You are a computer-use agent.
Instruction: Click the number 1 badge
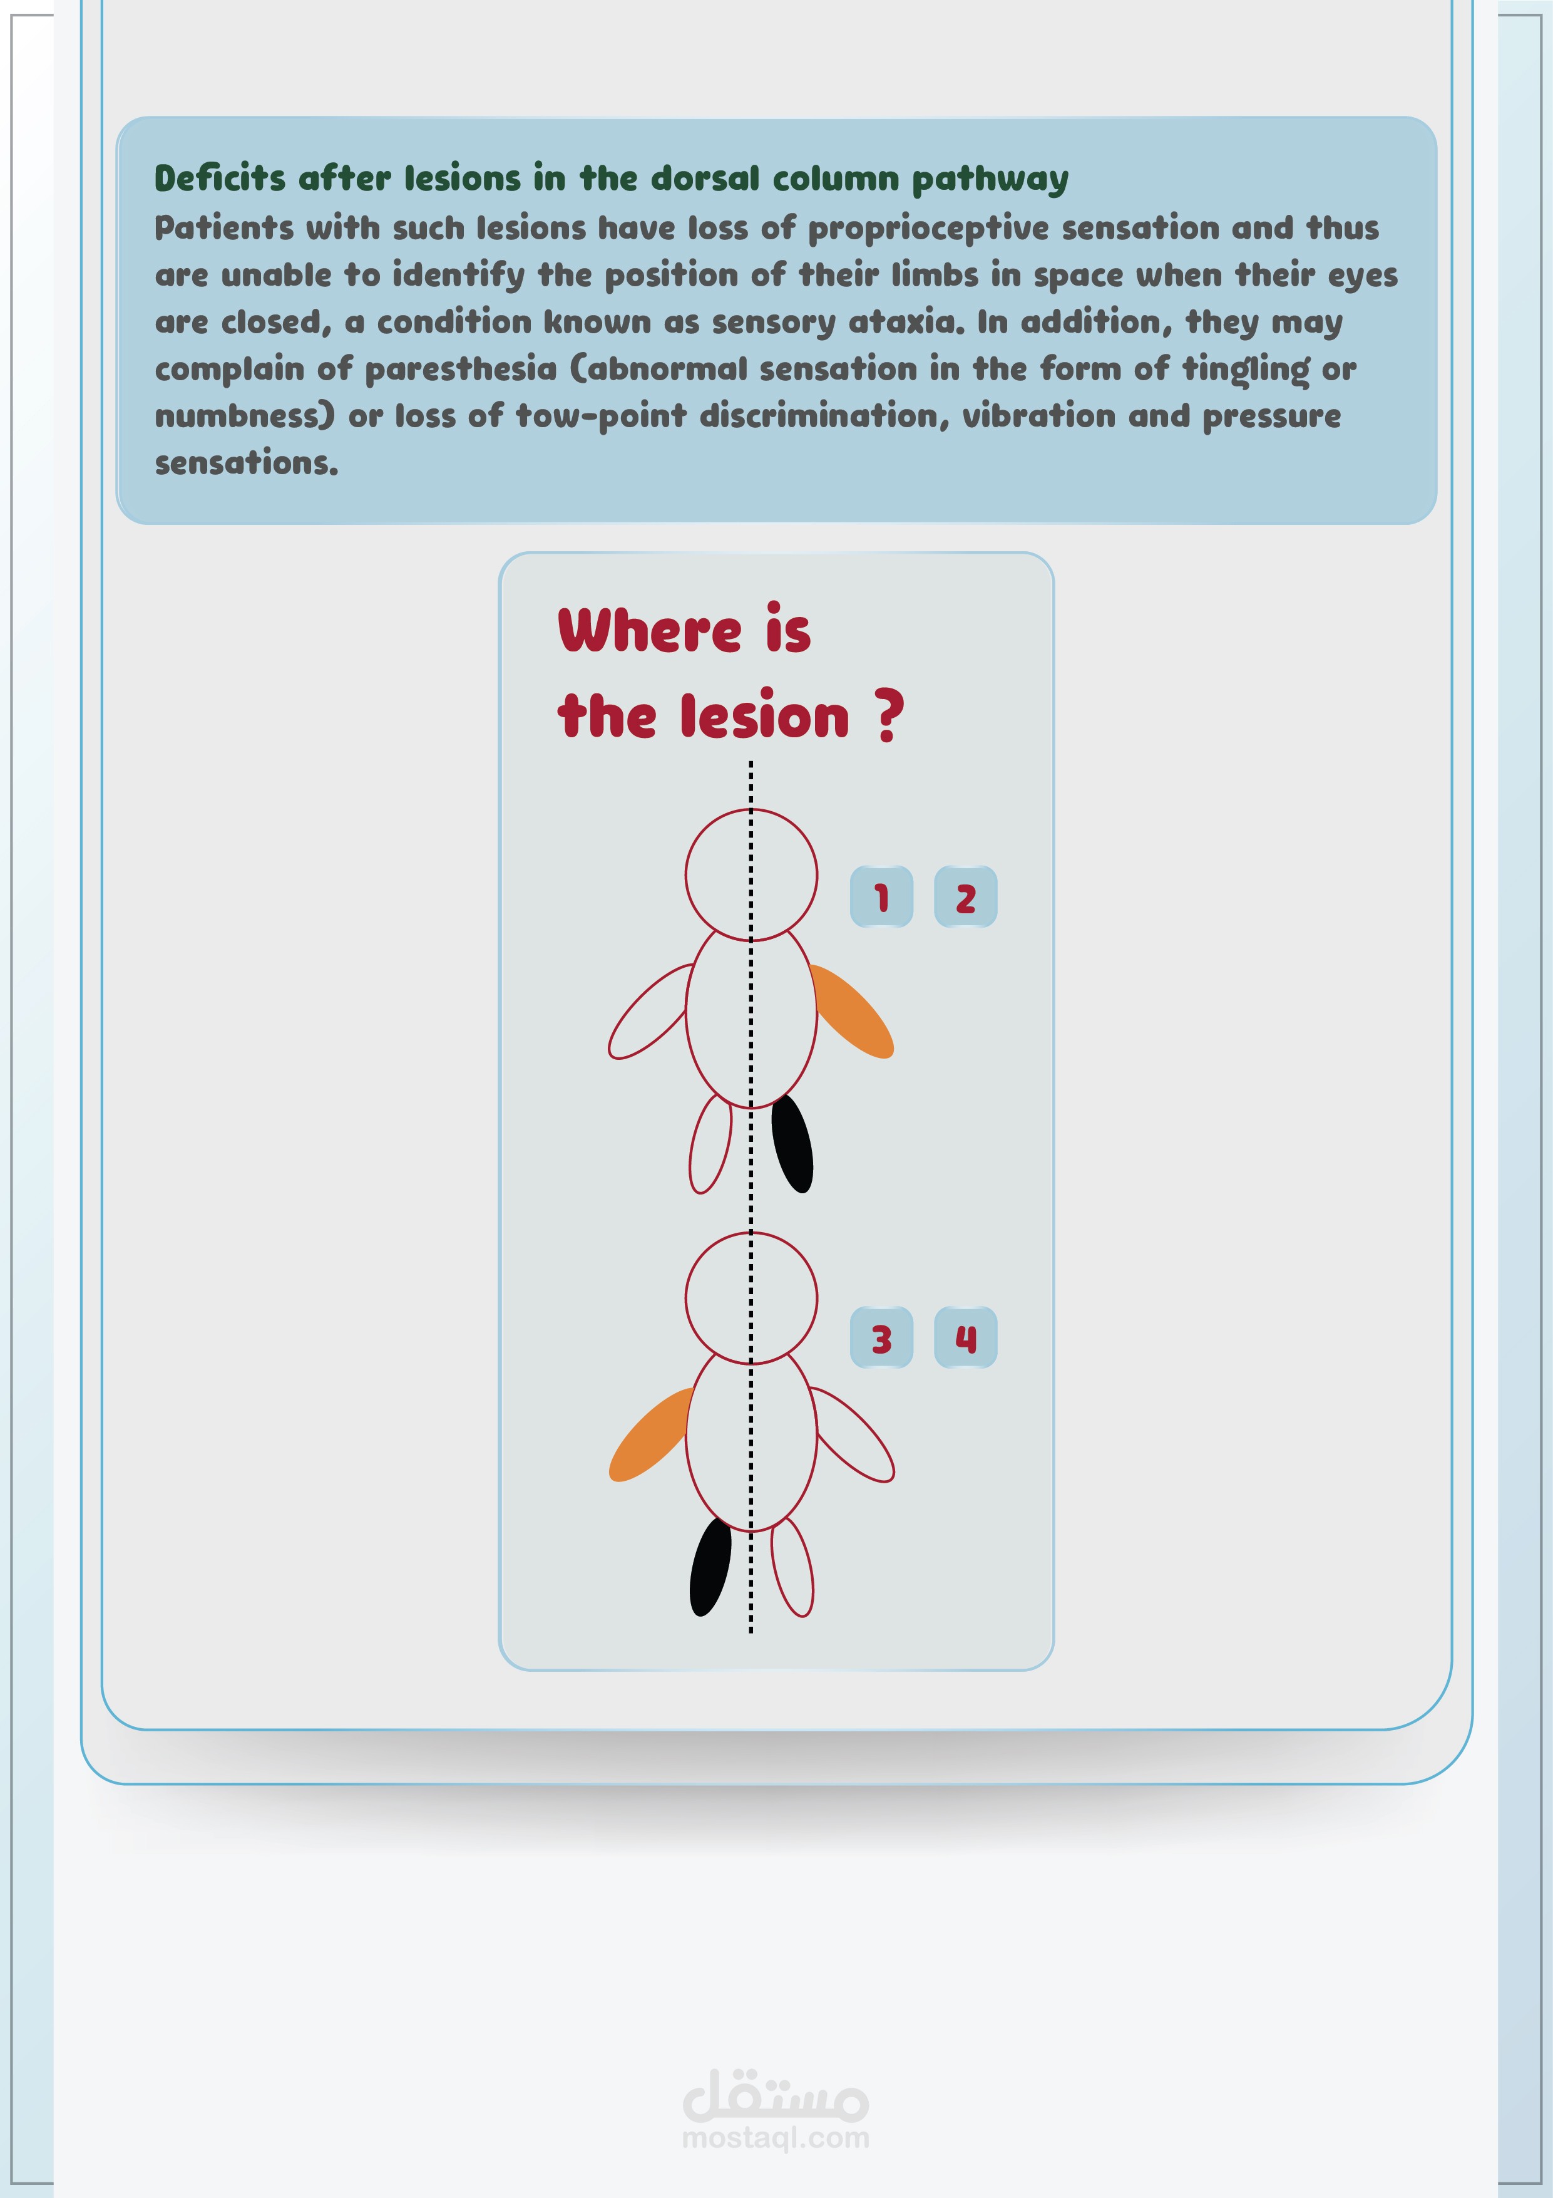click(881, 897)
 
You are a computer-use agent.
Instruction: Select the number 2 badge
click(965, 897)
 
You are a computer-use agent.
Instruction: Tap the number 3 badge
click(881, 1337)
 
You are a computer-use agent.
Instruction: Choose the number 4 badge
click(965, 1337)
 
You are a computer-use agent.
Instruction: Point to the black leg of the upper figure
click(792, 1144)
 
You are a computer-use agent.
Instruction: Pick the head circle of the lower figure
click(751, 1232)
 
